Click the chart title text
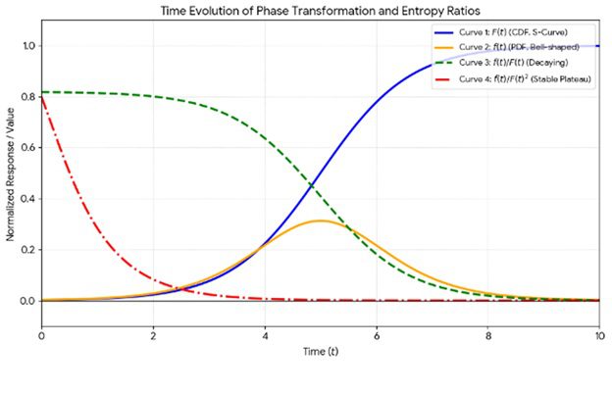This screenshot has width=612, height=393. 320,11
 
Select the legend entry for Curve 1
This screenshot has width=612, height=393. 501,32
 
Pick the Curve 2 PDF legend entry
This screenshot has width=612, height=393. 507,47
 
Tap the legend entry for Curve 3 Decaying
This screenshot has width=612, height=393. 501,63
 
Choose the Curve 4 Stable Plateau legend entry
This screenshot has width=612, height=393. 513,78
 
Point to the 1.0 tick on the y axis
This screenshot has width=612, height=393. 28,46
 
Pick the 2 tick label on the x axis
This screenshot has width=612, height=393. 153,336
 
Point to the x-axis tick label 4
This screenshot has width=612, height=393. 265,336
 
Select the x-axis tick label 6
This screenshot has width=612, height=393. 377,336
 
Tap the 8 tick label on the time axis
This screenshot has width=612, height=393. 488,336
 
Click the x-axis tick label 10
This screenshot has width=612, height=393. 599,336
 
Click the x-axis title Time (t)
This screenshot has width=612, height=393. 321,352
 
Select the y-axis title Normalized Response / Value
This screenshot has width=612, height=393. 10,174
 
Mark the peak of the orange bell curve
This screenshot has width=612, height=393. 321,221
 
